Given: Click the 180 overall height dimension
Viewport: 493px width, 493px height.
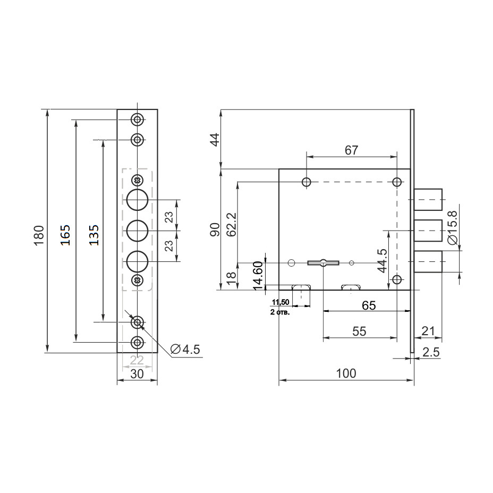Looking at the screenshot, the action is pos(39,235).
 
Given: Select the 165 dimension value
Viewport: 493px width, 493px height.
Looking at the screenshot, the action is pos(65,235).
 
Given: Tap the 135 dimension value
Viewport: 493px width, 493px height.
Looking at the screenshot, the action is pos(93,235).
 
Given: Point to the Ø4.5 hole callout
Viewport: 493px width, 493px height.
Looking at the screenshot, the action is pos(185,350).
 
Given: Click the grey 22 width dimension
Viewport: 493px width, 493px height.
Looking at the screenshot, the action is pos(137,360).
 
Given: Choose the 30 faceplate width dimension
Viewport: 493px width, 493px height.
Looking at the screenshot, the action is pos(137,374).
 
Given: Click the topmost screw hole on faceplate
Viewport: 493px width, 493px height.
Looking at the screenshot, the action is pos(138,120).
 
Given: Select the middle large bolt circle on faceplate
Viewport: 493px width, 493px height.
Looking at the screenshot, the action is pos(138,231).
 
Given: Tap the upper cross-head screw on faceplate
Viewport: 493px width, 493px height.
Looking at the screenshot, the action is pos(138,181).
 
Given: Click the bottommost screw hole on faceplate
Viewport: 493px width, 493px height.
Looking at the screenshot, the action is pos(138,342).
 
